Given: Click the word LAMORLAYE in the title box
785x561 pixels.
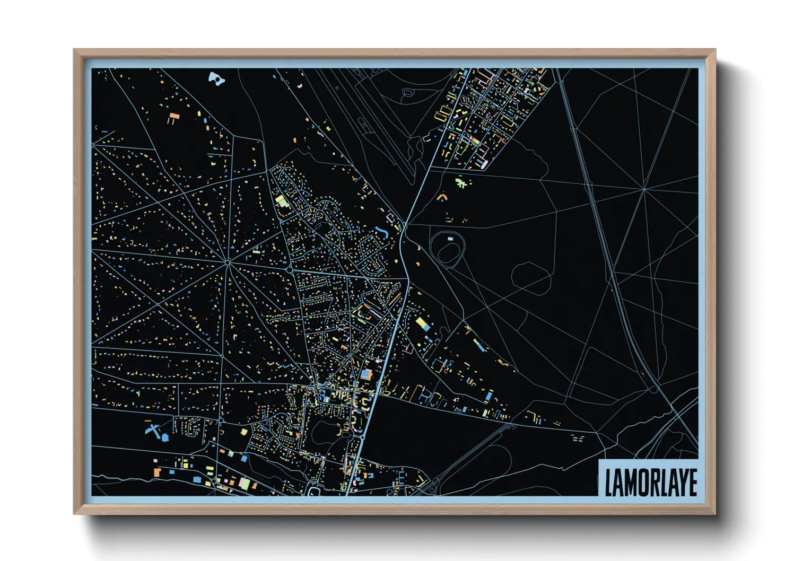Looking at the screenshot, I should (x=650, y=482).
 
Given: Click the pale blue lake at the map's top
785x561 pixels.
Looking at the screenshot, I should (x=215, y=79).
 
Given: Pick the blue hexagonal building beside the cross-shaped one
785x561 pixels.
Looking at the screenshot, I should (x=164, y=438).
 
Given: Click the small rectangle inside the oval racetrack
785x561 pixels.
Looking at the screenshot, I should (x=451, y=240).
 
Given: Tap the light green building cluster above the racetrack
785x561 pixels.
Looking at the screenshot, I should (x=463, y=183).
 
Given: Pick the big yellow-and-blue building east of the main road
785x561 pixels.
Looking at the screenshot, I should (x=422, y=323).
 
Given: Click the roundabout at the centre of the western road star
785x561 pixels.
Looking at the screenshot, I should (x=227, y=262).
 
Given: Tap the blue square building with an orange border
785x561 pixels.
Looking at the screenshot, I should (x=365, y=374).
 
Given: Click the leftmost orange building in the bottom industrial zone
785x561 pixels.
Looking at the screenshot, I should (x=157, y=471).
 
